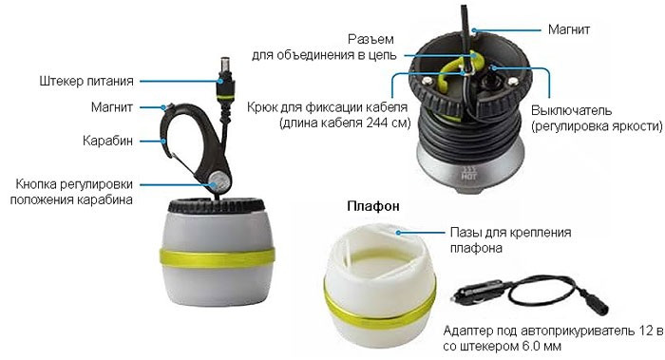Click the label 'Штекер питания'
[x=86, y=81]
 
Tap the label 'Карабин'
[x=107, y=141]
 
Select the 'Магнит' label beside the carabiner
[x=112, y=106]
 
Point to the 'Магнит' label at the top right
[x=569, y=29]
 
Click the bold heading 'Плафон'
[x=373, y=206]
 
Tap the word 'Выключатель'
[x=571, y=111]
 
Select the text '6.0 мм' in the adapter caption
[x=539, y=346]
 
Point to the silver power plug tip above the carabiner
[x=225, y=66]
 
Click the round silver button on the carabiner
[x=219, y=182]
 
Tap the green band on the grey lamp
[x=218, y=257]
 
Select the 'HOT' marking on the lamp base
[x=468, y=176]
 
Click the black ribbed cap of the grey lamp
[x=217, y=205]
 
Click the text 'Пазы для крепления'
[x=510, y=233]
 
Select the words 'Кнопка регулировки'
[x=74, y=184]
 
